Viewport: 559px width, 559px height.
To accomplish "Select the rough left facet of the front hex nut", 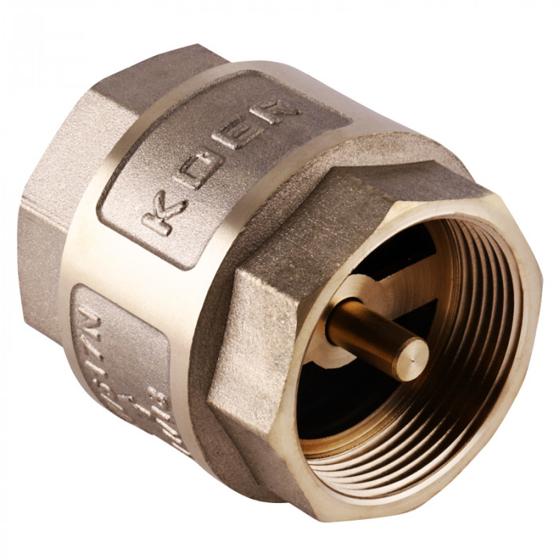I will point(256,335).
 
